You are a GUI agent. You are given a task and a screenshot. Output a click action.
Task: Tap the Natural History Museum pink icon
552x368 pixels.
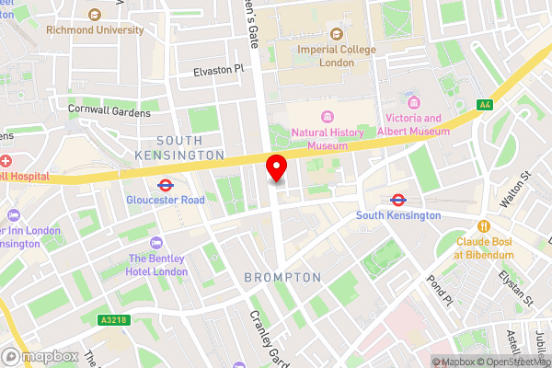click(x=327, y=116)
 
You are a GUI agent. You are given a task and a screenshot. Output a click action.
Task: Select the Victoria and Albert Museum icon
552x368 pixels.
click(x=413, y=101)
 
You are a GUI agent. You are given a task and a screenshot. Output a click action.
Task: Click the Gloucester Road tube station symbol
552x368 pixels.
click(x=166, y=184)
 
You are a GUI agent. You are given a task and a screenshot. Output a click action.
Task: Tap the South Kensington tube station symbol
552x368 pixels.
click(x=398, y=199)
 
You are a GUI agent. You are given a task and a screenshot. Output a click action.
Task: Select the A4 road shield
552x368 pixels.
click(x=485, y=105)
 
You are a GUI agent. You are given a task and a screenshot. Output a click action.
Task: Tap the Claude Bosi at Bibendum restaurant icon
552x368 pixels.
click(x=482, y=226)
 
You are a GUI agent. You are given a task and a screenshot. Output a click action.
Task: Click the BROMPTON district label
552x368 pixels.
click(x=282, y=277)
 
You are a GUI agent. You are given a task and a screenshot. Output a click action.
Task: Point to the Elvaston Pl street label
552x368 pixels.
click(x=219, y=70)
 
